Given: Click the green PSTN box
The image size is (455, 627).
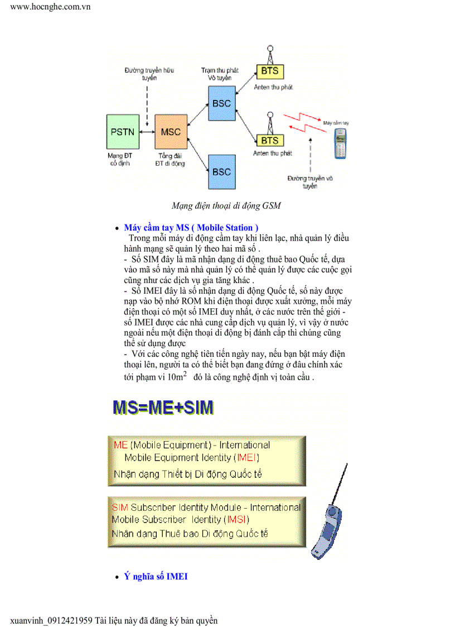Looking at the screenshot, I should [122, 132].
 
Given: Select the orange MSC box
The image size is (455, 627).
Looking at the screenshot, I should [171, 132].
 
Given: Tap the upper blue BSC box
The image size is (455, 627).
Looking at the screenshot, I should [221, 103].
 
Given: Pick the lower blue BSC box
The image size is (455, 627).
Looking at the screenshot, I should [221, 171].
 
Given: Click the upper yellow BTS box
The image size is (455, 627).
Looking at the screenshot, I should [270, 71].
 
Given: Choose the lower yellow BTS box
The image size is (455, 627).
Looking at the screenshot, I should [270, 140].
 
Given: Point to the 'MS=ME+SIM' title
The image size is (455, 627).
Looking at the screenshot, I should [163, 407].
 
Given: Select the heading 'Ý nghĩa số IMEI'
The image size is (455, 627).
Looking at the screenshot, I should [156, 576].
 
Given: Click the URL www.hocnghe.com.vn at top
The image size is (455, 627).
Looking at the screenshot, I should [50, 7].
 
